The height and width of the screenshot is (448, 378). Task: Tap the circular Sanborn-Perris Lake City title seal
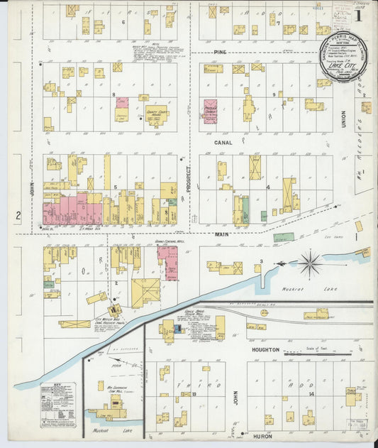[343, 57]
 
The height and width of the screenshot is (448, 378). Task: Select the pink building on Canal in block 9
[211, 111]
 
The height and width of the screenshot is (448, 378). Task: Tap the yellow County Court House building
[157, 114]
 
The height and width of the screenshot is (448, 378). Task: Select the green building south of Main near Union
[284, 237]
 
